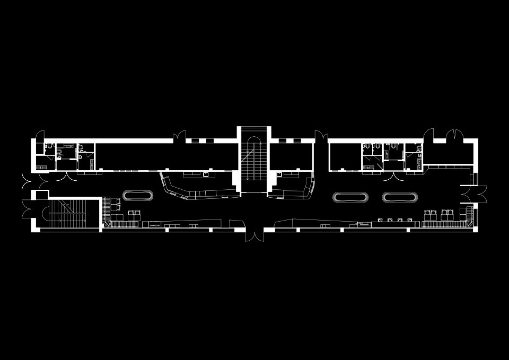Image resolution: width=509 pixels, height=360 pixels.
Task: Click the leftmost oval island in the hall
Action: click(138, 196)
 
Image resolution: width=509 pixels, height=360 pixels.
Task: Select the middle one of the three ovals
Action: click(350, 197)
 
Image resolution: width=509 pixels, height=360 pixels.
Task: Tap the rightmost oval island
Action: click(400, 197)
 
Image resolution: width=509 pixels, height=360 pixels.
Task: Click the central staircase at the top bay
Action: click(253, 159)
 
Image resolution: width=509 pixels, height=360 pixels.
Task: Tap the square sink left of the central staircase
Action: click(206, 173)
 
